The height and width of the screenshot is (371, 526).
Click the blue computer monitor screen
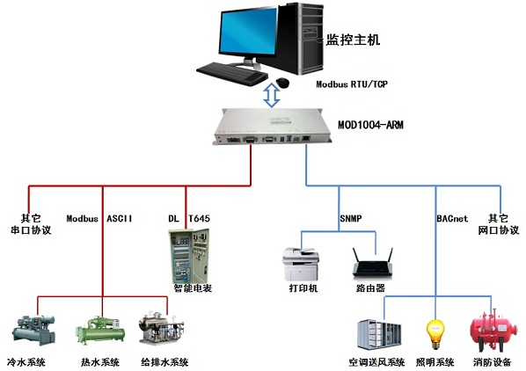[249, 30]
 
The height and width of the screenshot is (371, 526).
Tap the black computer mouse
[283, 83]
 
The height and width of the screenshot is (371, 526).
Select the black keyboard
[232, 74]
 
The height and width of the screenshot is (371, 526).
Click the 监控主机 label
[354, 40]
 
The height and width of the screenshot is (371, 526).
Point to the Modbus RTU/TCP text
[352, 84]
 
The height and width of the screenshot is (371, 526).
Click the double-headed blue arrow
[272, 95]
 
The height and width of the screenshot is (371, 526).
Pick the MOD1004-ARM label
[370, 125]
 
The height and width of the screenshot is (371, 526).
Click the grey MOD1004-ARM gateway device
[272, 127]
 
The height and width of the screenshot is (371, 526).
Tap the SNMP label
[351, 219]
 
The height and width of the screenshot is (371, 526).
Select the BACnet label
[452, 219]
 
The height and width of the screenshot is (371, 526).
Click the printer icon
[301, 265]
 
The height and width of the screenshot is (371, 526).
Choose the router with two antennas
[372, 263]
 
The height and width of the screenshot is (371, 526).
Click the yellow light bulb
[435, 334]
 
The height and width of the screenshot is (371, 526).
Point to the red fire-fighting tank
[493, 330]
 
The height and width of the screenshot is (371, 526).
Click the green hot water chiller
[100, 331]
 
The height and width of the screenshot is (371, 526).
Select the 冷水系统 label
[26, 362]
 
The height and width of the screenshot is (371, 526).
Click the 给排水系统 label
[164, 362]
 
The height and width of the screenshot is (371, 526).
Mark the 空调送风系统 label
[376, 362]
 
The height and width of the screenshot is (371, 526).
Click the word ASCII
[120, 219]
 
